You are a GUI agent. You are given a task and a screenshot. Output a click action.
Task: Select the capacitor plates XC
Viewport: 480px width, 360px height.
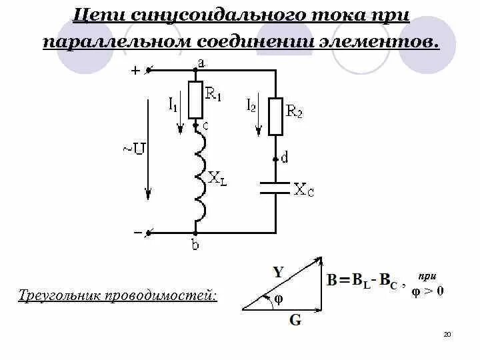[275, 187]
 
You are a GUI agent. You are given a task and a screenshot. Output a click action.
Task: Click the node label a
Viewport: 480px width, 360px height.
[201, 62]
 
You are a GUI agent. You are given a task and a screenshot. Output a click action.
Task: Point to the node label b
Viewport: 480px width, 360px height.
[195, 245]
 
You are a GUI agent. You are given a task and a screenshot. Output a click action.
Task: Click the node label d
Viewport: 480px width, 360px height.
[285, 158]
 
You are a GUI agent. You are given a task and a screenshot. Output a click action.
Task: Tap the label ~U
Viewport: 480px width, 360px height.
[134, 149]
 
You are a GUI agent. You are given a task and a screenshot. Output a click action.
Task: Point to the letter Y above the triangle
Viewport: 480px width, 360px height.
[278, 271]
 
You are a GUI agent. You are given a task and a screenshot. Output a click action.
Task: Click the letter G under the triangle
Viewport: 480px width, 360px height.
[295, 320]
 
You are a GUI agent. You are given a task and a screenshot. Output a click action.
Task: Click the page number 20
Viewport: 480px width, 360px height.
[447, 333]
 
